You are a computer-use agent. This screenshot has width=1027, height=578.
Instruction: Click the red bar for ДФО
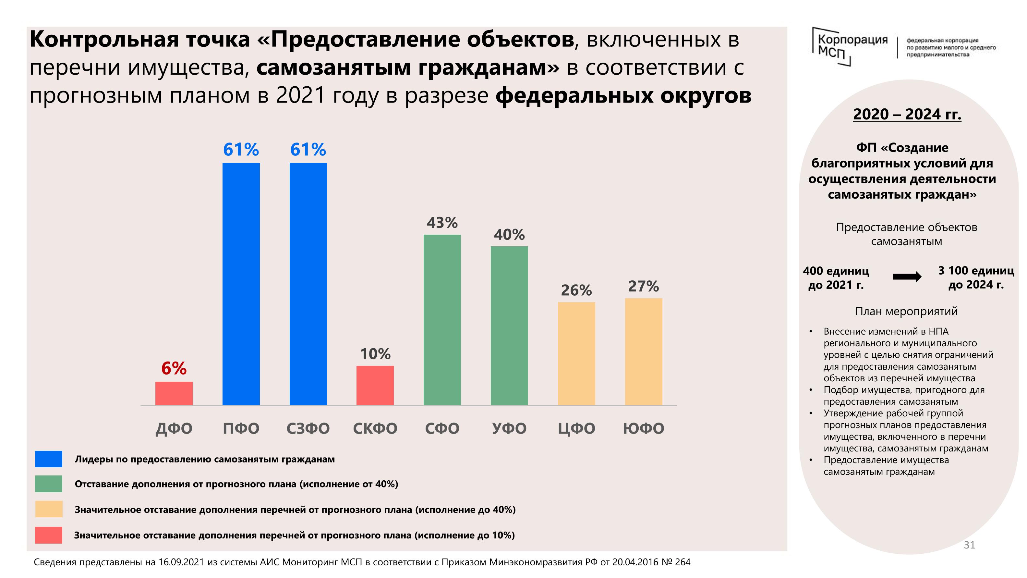[174, 393]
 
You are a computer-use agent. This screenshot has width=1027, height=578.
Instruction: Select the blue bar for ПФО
[241, 284]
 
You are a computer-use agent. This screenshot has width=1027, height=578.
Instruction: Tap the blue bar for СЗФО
[308, 284]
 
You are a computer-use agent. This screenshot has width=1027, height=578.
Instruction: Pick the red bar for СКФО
[375, 385]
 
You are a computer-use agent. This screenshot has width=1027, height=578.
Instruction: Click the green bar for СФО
[442, 320]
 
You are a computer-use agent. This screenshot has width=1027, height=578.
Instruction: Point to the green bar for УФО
[509, 326]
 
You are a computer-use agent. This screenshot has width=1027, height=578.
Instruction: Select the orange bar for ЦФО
[576, 353]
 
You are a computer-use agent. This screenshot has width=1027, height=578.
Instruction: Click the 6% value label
[174, 368]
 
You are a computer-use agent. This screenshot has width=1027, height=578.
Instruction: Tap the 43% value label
[442, 223]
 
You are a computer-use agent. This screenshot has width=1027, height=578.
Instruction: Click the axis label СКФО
[375, 428]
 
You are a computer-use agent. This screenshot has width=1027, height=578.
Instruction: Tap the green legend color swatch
[49, 484]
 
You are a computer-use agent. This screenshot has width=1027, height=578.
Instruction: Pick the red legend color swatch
[49, 535]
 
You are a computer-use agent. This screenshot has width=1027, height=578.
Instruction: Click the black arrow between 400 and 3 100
[907, 277]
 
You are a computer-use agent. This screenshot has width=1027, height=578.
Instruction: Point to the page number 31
[969, 545]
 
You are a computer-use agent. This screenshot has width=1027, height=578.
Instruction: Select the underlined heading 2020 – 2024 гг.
[907, 115]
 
